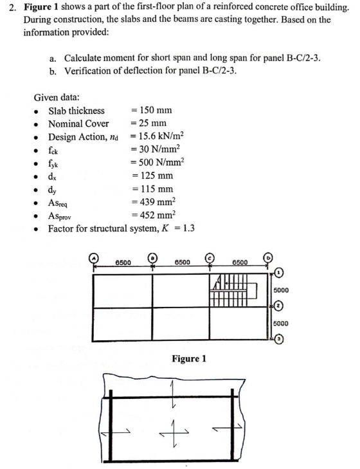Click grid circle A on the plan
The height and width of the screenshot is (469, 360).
(x=94, y=258)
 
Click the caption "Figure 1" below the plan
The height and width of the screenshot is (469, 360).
(x=188, y=358)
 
